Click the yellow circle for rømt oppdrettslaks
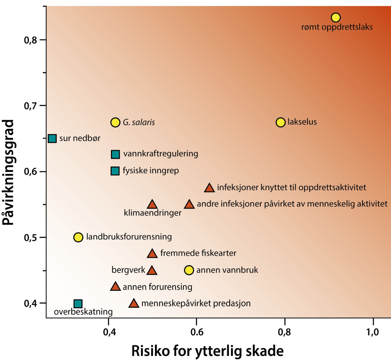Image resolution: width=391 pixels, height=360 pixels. tap(336, 18)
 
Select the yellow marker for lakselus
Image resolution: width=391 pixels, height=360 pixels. tap(281, 122)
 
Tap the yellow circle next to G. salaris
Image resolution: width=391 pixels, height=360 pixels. tap(115, 122)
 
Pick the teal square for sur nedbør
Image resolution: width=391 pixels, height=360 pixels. tap(52, 138)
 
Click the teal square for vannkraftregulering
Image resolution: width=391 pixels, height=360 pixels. tap(115, 154)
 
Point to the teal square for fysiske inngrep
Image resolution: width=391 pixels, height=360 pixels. tap(115, 171)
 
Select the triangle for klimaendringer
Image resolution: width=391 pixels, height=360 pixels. tap(152, 204)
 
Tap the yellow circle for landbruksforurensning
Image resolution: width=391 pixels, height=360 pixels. tap(78, 237)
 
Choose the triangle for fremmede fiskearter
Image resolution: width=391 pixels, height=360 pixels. tap(152, 254)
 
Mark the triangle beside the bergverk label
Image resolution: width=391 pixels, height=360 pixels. tap(152, 270)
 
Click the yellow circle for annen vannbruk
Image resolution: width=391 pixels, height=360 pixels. tap(189, 270)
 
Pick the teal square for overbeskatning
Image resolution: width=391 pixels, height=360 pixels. tap(78, 303)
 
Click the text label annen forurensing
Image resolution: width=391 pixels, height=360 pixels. tap(157, 287)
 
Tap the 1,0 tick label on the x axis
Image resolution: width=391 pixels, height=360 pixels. tap(373, 332)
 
